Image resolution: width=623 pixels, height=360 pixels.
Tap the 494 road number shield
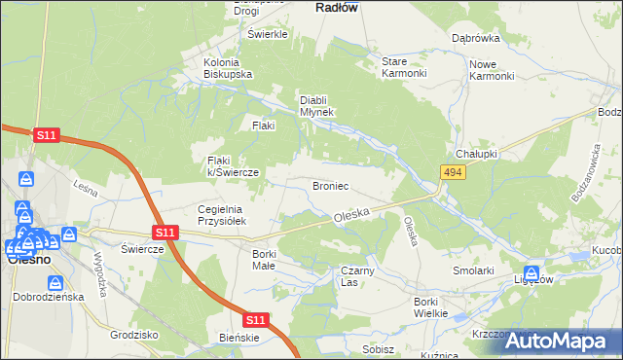point(451,172)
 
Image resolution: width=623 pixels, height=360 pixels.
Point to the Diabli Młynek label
point(316,105)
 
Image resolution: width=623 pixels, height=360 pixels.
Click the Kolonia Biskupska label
point(228,68)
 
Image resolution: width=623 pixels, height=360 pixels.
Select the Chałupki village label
point(477,155)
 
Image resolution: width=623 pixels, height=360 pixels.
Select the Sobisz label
point(378,348)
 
